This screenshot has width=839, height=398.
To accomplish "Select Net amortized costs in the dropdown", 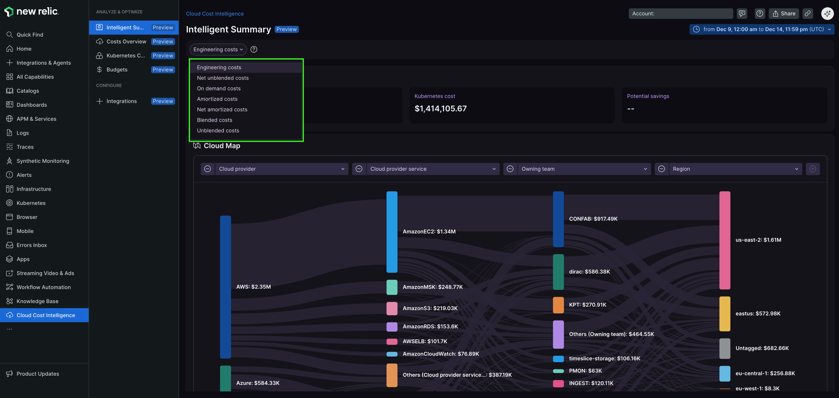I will click(x=222, y=109).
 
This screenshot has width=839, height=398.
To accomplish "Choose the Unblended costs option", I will click(x=218, y=130).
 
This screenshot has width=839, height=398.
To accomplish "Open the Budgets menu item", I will click(x=117, y=70).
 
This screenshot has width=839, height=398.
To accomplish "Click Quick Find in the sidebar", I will click(x=30, y=34).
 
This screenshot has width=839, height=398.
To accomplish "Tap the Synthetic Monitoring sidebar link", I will click(x=43, y=161).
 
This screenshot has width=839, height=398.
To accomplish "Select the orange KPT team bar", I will click(x=558, y=305).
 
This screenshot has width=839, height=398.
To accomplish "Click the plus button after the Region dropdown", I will click(x=812, y=169).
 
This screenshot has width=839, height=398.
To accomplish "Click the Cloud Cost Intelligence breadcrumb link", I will click(x=215, y=14).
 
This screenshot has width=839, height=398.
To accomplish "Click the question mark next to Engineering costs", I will click(x=254, y=50).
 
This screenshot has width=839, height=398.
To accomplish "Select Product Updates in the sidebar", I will click(x=38, y=374).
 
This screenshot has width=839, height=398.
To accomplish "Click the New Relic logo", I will click(x=31, y=11).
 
